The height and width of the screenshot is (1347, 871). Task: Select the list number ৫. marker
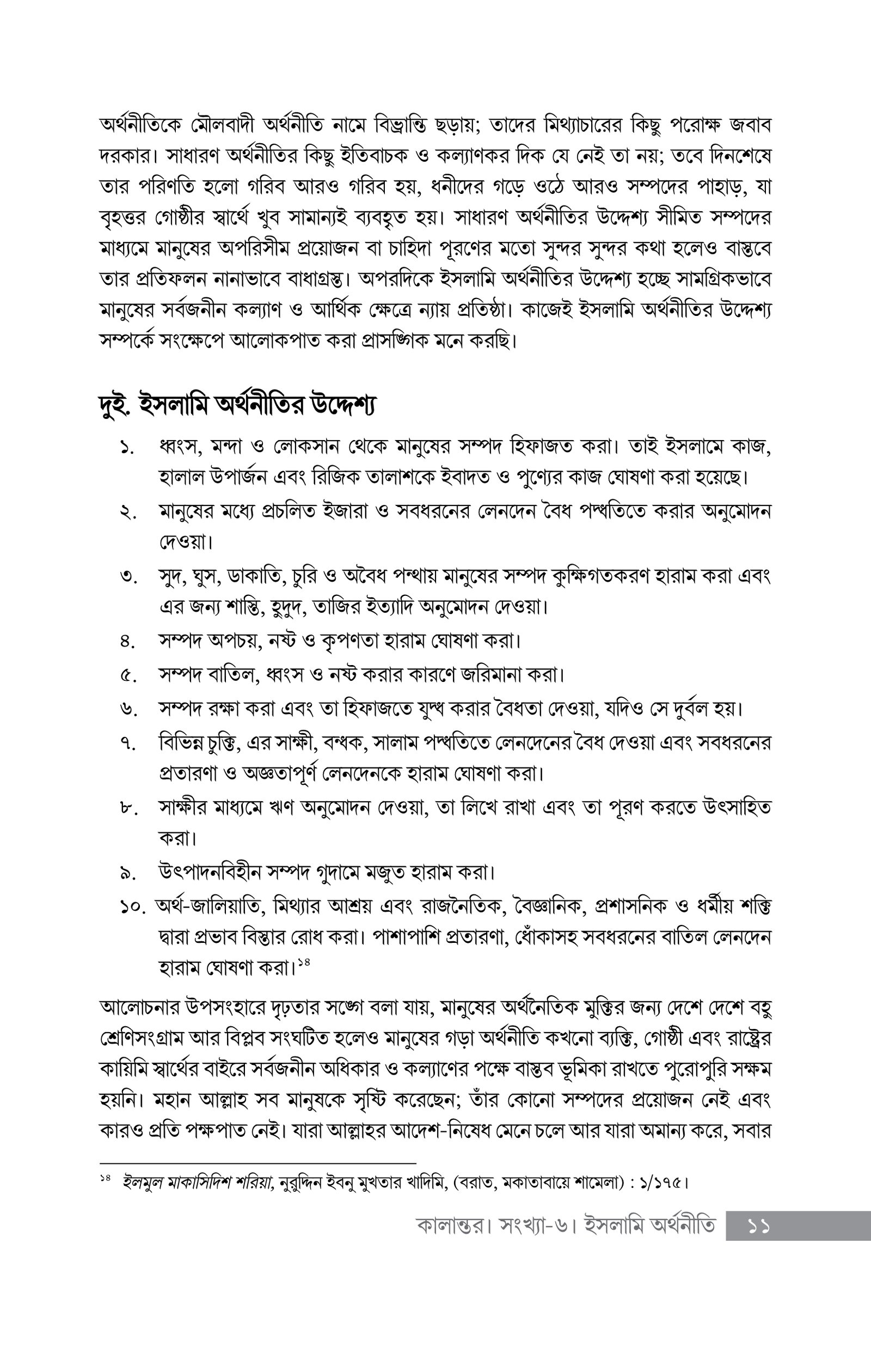tap(127, 675)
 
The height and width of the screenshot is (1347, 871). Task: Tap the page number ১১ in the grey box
tap(758, 1227)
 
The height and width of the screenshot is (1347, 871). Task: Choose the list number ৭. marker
tap(127, 743)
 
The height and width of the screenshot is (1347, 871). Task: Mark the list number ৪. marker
tap(127, 642)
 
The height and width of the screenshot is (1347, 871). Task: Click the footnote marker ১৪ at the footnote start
tap(105, 1178)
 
